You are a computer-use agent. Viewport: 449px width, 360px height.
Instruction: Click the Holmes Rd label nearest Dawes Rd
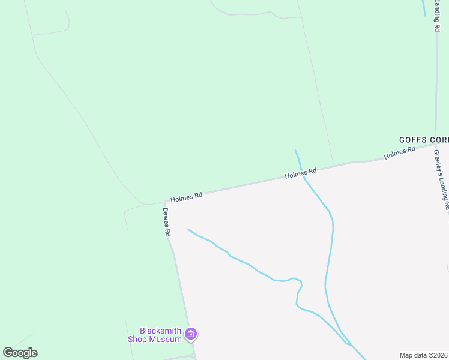tap(186, 197)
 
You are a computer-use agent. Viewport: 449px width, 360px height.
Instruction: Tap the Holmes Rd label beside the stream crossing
tap(300, 174)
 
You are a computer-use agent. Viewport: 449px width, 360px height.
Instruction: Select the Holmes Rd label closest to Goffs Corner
tap(400, 153)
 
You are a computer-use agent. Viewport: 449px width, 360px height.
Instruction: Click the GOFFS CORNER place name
tap(424, 139)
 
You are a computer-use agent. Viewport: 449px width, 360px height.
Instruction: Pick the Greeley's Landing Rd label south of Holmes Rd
tap(442, 179)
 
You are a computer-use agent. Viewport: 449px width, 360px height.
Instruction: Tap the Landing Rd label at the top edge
tap(438, 16)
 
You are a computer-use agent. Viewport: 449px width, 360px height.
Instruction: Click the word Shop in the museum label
tap(137, 339)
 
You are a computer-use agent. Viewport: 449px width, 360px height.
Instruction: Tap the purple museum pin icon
tap(191, 334)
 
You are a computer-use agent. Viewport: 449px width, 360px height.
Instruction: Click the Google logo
tap(20, 353)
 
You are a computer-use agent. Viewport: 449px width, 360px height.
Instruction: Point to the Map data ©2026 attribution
tap(423, 355)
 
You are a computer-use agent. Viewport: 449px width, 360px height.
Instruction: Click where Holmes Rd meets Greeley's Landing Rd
tap(436, 144)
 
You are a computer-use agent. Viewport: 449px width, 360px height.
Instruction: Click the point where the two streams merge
tap(350, 345)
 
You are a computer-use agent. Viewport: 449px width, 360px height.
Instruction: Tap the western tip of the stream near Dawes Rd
tap(188, 229)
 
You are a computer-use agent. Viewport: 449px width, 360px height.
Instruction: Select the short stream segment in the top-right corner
tap(424, 7)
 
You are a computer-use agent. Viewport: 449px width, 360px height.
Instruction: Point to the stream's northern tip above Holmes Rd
tap(295, 151)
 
